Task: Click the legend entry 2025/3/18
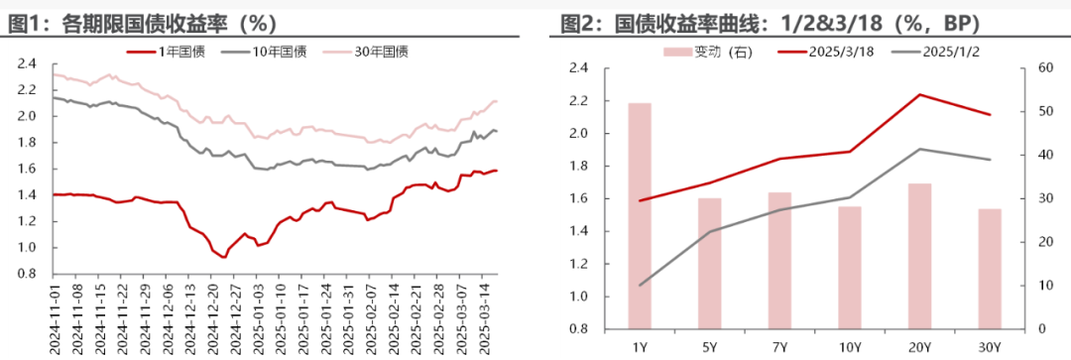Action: click(814, 51)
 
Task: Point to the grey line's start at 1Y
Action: click(640, 286)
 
